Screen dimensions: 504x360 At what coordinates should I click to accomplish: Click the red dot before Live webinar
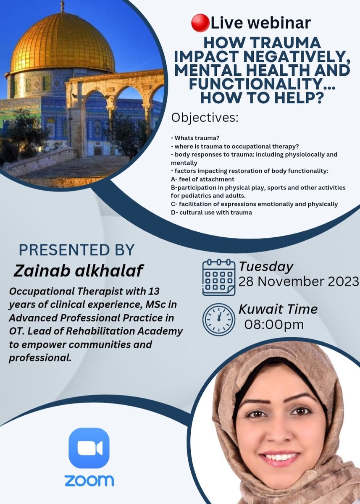click(x=200, y=24)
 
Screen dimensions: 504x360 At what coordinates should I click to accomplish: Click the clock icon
click(x=219, y=318)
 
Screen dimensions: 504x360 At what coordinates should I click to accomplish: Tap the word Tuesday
click(x=266, y=267)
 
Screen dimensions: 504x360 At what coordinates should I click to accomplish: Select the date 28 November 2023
click(x=299, y=281)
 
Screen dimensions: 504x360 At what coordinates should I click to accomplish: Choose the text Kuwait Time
click(x=278, y=310)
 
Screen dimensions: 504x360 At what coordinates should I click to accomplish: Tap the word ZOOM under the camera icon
click(x=89, y=480)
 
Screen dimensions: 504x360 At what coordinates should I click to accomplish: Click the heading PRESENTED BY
click(x=76, y=250)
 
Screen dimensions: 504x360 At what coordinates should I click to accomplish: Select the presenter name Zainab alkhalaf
click(x=79, y=271)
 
